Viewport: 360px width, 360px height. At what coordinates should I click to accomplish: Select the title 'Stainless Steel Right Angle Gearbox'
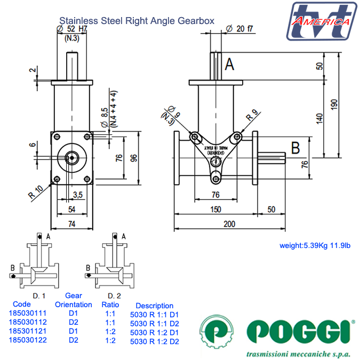pyautogui.click(x=137, y=21)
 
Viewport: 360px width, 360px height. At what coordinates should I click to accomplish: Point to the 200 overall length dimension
pyautogui.click(x=229, y=224)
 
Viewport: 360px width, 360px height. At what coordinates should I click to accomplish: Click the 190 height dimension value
pyautogui.click(x=334, y=105)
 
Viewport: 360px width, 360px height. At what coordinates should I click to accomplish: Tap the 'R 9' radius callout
pyautogui.click(x=252, y=113)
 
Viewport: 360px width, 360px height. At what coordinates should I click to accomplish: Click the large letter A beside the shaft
pyautogui.click(x=229, y=65)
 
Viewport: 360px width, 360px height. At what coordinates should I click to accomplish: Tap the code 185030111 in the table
pyautogui.click(x=27, y=314)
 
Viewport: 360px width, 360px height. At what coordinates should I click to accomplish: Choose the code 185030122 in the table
pyautogui.click(x=27, y=340)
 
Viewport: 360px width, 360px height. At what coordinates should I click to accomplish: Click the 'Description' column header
pyautogui.click(x=154, y=306)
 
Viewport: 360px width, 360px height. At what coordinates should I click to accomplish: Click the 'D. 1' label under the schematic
pyautogui.click(x=38, y=295)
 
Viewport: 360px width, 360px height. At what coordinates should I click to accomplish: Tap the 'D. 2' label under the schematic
pyautogui.click(x=114, y=295)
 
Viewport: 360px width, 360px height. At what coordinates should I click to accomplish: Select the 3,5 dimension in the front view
pyautogui.click(x=77, y=194)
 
